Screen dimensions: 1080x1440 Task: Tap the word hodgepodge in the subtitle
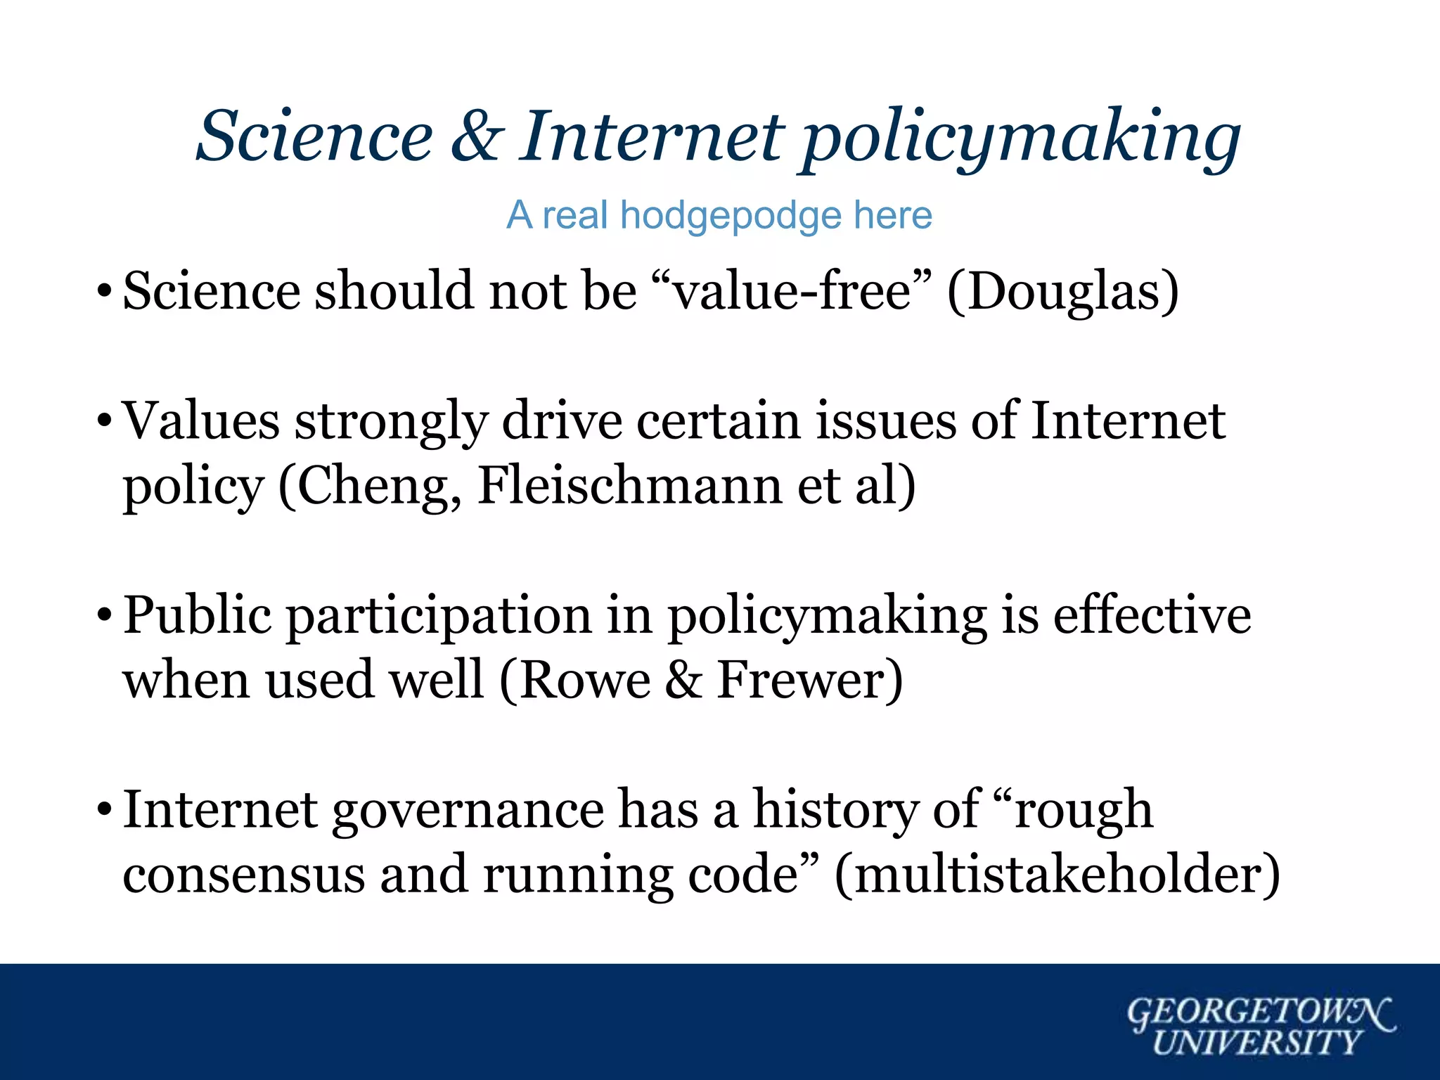click(x=731, y=215)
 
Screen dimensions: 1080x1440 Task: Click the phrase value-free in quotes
click(x=792, y=291)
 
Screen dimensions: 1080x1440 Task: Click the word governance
click(x=468, y=811)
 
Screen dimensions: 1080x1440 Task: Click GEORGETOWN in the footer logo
click(x=1259, y=1012)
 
